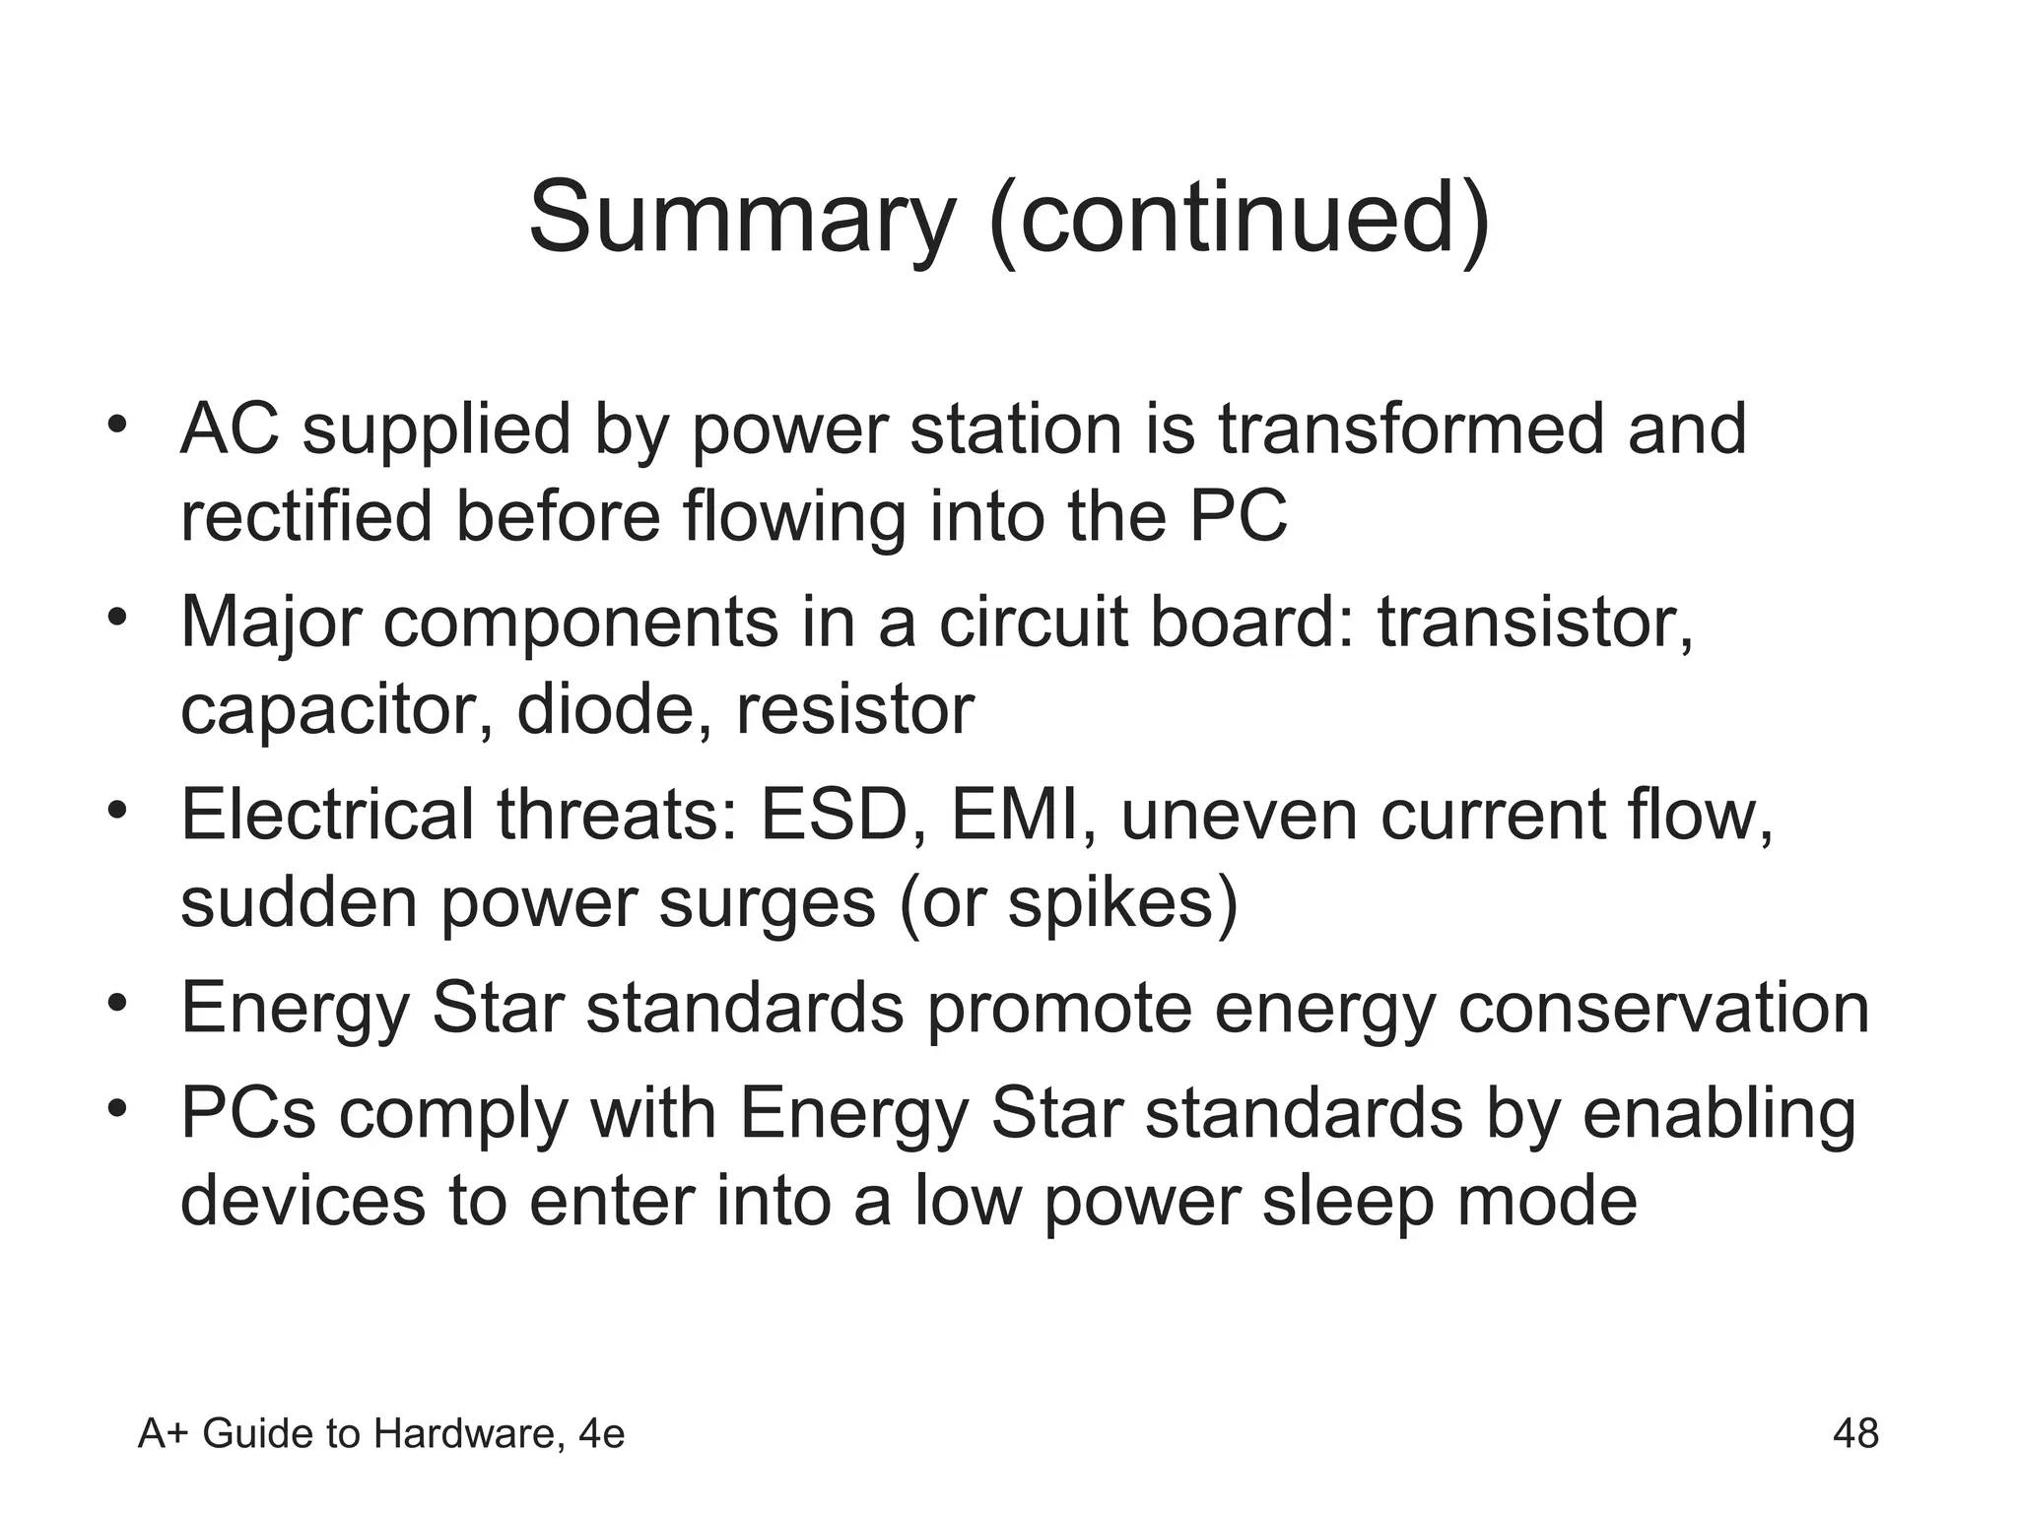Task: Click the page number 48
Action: point(1855,1433)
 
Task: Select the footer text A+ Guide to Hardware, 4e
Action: point(381,1434)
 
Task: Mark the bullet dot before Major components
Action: point(118,619)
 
